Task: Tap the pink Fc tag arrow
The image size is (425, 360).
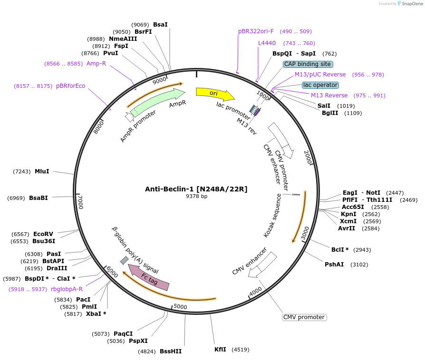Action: pyautogui.click(x=151, y=277)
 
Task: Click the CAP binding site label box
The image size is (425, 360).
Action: pyautogui.click(x=308, y=64)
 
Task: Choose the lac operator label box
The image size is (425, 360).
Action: pyautogui.click(x=320, y=85)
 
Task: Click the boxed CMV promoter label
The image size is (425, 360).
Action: pyautogui.click(x=304, y=317)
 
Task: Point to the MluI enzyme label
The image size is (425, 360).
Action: pyautogui.click(x=42, y=171)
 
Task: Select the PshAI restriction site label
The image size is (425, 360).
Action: pyautogui.click(x=334, y=265)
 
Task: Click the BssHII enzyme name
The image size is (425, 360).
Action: pyautogui.click(x=171, y=351)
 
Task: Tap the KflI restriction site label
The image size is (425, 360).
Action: pyautogui.click(x=220, y=350)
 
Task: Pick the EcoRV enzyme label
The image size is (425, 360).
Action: pyautogui.click(x=43, y=234)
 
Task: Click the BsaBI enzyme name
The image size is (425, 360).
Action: pyautogui.click(x=39, y=198)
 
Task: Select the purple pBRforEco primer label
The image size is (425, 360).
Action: pyautogui.click(x=71, y=86)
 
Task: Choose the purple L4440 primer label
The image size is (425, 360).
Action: pyautogui.click(x=267, y=43)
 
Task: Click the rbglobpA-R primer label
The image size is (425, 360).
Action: pyautogui.click(x=67, y=289)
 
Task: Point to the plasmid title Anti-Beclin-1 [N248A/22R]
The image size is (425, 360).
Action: pyautogui.click(x=196, y=189)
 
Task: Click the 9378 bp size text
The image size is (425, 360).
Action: pyautogui.click(x=196, y=196)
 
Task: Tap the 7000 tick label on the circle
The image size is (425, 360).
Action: pyautogui.click(x=80, y=202)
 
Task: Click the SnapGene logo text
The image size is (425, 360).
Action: pyautogui.click(x=412, y=4)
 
